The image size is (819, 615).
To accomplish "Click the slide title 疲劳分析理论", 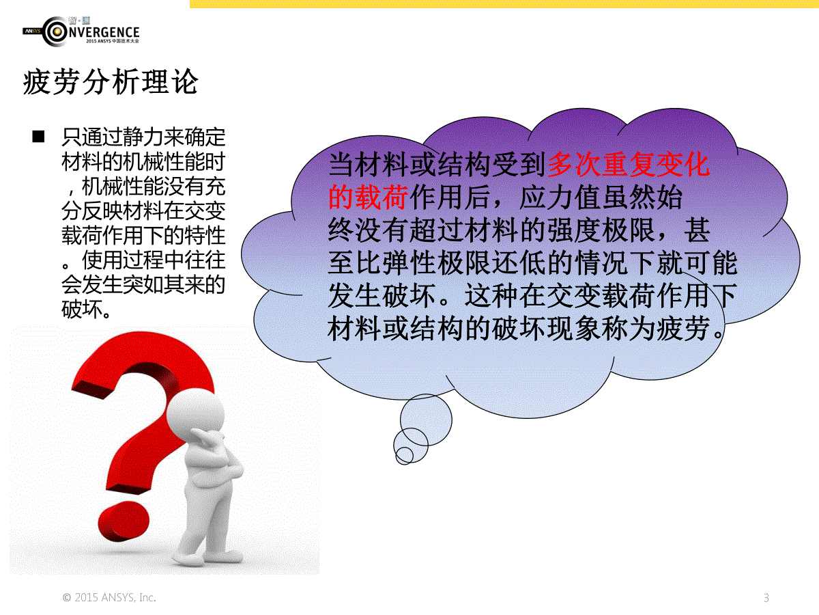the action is pos(111,81).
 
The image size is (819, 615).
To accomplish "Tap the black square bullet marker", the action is pos(38,137).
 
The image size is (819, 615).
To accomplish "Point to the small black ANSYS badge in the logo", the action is pos(33,31).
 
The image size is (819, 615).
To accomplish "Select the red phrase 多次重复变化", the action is pos(629,164).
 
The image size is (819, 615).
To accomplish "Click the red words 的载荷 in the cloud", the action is pos(368,197).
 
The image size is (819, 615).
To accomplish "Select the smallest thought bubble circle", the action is pos(404,455).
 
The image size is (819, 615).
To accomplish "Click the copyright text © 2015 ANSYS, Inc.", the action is pos(109,597).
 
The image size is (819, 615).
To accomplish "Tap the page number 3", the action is pos(766,598).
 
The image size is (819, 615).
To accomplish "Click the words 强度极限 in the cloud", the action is pos(601,230).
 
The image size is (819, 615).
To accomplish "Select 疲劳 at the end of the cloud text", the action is pos(682,329).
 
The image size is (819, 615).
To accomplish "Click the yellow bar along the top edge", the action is pos(504,3).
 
